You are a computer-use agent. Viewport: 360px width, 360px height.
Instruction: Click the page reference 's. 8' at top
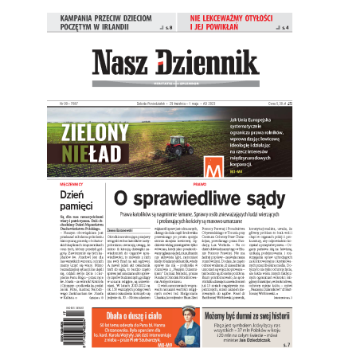[x=167, y=27]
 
